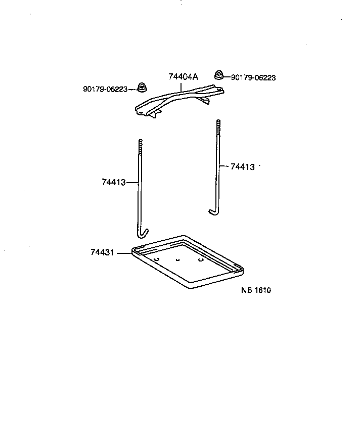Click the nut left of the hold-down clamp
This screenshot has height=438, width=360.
point(143,88)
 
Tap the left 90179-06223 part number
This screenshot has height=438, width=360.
point(105,89)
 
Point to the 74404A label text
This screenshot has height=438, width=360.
point(183,77)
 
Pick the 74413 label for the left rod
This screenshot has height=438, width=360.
point(113,182)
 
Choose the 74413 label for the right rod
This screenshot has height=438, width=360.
point(242,166)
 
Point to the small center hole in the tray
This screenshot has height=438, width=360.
point(177,259)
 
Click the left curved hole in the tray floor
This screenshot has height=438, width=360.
point(157,259)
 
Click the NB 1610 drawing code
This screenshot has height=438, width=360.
point(256,290)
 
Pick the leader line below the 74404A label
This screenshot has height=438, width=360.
point(183,86)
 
